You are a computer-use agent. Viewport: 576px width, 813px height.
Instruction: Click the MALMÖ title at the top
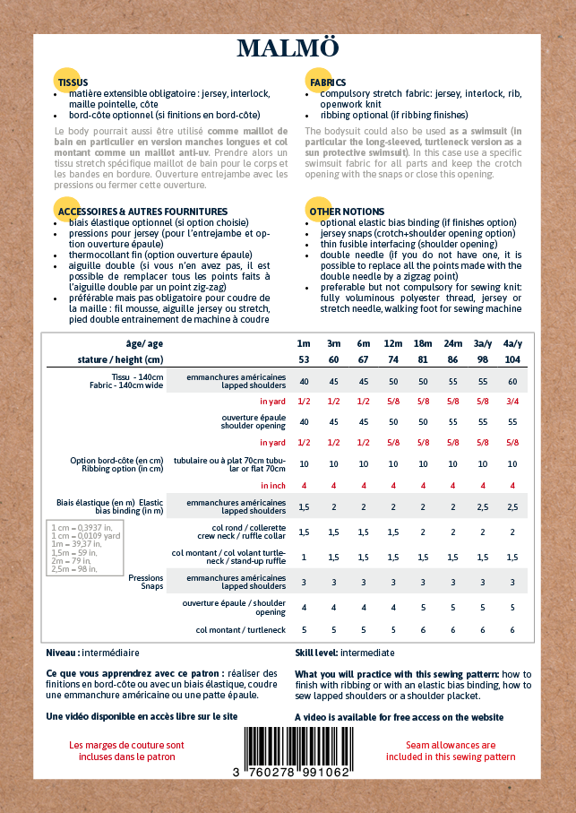pos(288,49)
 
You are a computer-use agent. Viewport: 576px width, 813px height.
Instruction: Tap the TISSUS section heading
pos(73,82)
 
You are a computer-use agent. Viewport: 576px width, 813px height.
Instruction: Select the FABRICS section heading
pos(327,82)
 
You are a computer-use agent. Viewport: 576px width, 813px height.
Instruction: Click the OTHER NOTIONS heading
pos(334,212)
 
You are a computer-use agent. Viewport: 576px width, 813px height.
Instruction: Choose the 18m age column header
pos(424,343)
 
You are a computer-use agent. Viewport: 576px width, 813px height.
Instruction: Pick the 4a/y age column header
pos(512,343)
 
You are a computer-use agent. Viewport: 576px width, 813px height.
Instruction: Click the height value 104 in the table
pos(512,359)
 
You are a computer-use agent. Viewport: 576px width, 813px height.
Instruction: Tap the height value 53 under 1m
pos(304,359)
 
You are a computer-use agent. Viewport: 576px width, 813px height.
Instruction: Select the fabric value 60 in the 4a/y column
pos(512,381)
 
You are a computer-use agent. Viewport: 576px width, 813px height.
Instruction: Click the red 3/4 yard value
pos(512,401)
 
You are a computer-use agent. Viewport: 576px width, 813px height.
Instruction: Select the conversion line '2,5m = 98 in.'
pos(73,569)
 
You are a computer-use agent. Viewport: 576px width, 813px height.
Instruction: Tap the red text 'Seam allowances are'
pos(451,745)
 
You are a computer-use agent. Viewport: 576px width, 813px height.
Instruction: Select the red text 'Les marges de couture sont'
pos(126,745)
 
